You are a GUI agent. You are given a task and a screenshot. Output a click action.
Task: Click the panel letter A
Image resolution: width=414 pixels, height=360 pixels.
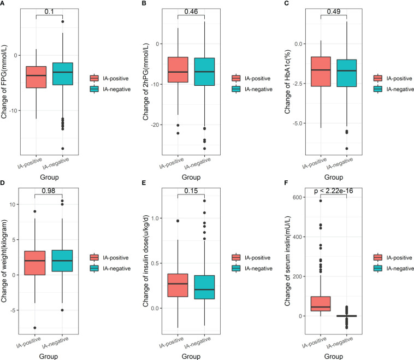[x=3, y=4]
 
